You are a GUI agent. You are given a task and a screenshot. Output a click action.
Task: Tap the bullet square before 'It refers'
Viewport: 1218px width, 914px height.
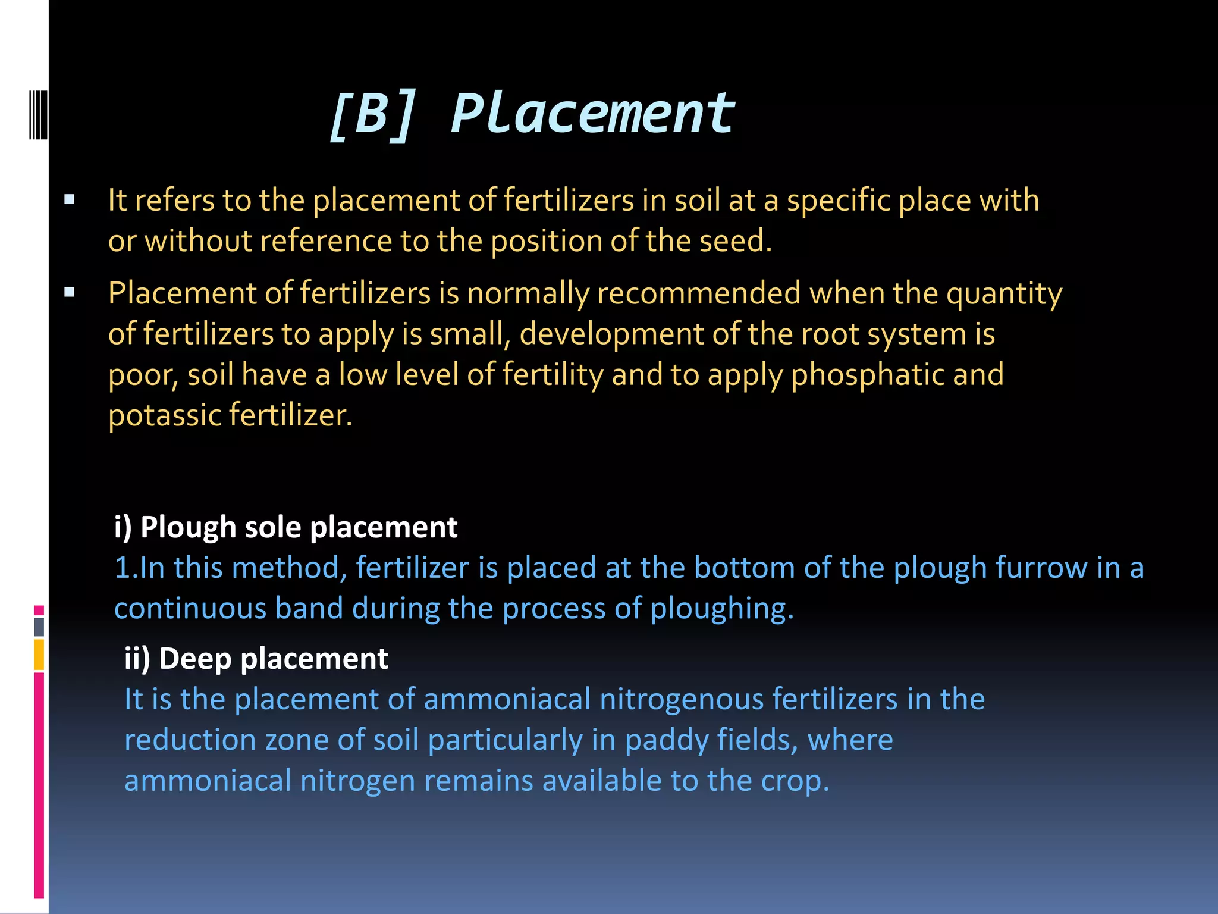pyautogui.click(x=70, y=199)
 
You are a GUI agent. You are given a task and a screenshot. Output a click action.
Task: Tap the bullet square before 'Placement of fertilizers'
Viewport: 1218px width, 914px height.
pyautogui.click(x=70, y=292)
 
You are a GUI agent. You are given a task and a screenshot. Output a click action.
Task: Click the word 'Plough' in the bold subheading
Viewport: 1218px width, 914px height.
pyautogui.click(x=188, y=528)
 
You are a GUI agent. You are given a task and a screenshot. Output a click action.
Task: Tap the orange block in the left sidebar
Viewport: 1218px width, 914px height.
pyautogui.click(x=39, y=655)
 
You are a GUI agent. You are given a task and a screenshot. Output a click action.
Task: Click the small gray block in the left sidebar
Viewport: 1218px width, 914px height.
pyautogui.click(x=39, y=627)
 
